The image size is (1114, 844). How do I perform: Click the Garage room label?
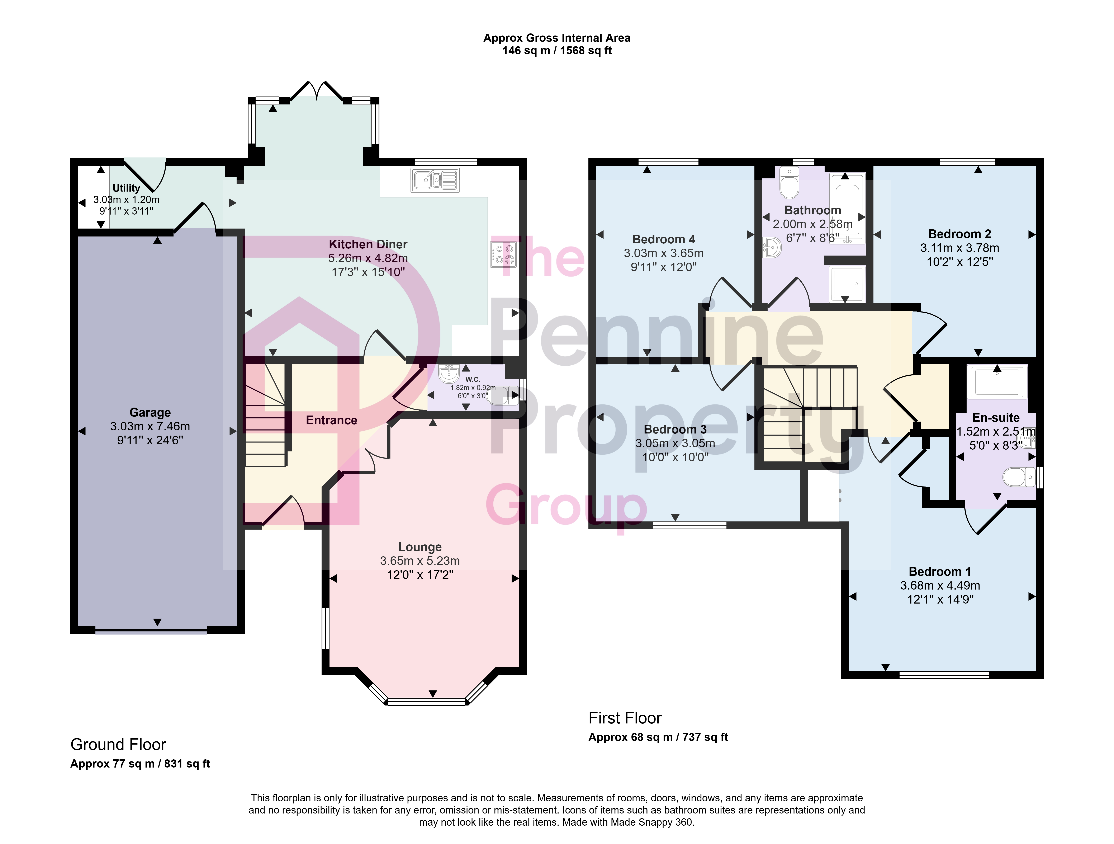(150, 413)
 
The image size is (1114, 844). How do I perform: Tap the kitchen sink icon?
(435, 180)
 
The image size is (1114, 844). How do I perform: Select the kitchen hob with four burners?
(503, 254)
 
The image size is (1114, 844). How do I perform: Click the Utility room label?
(126, 188)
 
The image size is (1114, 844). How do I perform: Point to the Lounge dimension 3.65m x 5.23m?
(420, 561)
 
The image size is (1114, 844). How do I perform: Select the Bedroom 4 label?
(664, 239)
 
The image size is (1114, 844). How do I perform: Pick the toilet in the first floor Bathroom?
(789, 182)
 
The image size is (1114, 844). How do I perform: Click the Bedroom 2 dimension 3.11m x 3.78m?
(960, 248)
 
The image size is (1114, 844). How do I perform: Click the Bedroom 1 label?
(940, 571)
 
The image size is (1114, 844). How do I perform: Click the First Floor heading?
(625, 718)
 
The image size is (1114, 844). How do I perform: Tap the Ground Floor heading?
(118, 745)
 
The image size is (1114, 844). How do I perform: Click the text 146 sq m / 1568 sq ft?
(557, 50)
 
